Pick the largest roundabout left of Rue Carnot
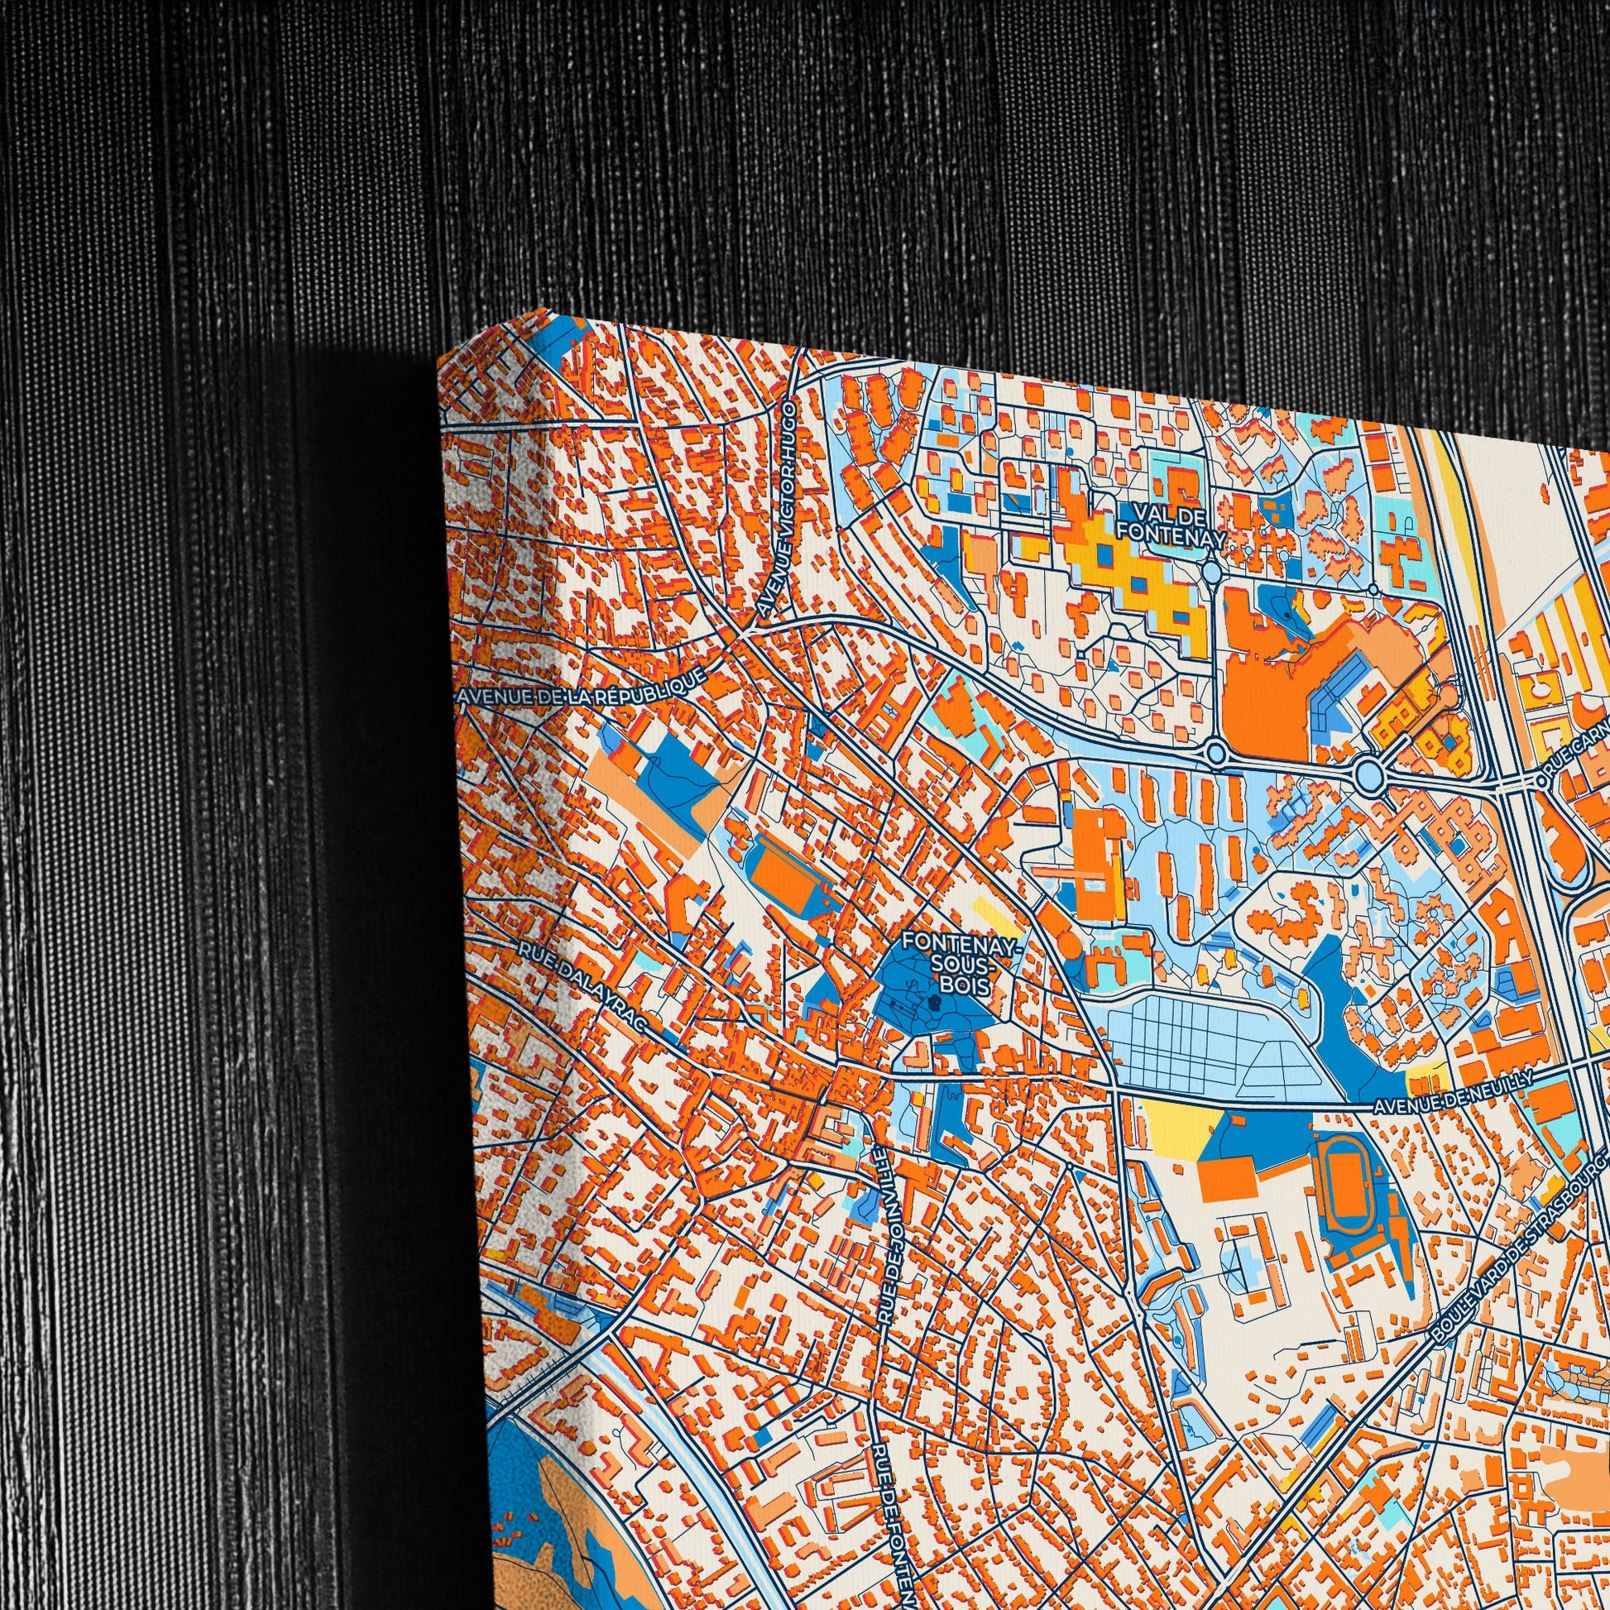1368,777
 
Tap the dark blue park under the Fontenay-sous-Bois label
942,1013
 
